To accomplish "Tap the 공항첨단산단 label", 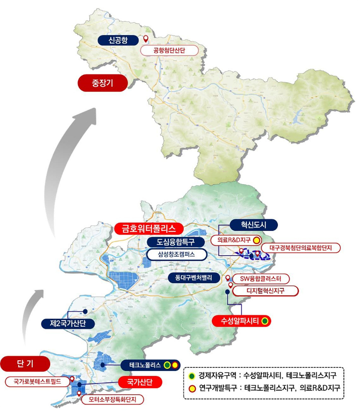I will pos(173,50).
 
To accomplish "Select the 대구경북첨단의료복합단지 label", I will pos(301,248).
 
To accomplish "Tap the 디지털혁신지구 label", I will pos(265,291).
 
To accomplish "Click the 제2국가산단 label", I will pos(68,323).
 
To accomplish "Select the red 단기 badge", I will pos(25,364).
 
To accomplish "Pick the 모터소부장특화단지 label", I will pos(112,399).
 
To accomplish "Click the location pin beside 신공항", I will pos(146,40).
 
